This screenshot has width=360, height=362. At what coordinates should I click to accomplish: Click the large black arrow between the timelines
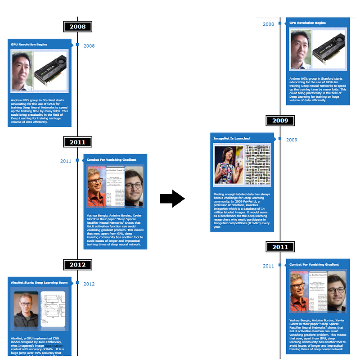pos(172,199)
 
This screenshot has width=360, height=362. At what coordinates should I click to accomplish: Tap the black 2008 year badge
pos(77,27)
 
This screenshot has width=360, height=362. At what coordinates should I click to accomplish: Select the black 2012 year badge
pos(77,265)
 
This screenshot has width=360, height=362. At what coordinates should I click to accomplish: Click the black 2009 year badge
pos(280,121)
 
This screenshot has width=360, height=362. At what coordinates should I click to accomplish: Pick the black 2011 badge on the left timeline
pos(77,142)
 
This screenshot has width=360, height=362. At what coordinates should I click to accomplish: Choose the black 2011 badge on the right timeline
pos(280,247)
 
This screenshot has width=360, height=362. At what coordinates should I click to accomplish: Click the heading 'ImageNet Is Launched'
pos(232,138)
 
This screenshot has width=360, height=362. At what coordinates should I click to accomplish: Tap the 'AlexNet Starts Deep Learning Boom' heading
pos(39,283)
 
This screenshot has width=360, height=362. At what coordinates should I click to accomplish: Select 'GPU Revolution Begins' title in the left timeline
pos(29,45)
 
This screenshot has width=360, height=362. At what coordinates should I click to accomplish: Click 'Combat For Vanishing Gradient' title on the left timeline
pos(112,160)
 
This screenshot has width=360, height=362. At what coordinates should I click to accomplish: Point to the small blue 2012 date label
pos(89,284)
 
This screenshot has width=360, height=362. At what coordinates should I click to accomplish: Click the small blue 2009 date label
pos(292,140)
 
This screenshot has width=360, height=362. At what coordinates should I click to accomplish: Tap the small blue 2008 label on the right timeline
pos(268,24)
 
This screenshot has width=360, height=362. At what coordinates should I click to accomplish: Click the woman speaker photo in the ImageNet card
pos(229,165)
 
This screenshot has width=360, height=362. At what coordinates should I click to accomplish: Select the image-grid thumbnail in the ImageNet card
pos(258,165)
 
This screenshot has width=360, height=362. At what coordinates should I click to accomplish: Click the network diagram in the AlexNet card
pos(53,310)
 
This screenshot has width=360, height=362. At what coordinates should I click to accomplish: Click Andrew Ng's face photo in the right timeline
pos(299,50)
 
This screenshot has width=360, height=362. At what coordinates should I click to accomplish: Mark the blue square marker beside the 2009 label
pos(280,139)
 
